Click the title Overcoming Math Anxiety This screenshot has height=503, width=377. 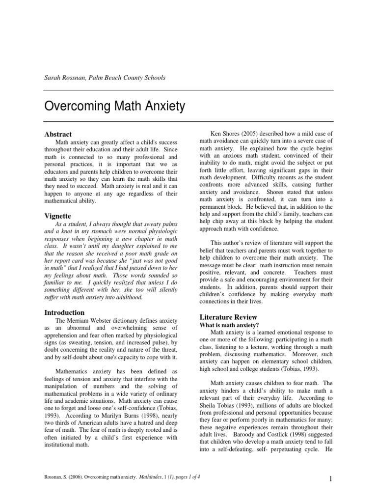[114, 106]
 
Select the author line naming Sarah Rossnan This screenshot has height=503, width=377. [105, 78]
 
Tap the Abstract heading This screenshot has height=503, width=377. [58, 134]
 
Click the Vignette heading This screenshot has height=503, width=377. [58, 216]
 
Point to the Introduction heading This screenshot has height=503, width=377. [65, 312]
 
